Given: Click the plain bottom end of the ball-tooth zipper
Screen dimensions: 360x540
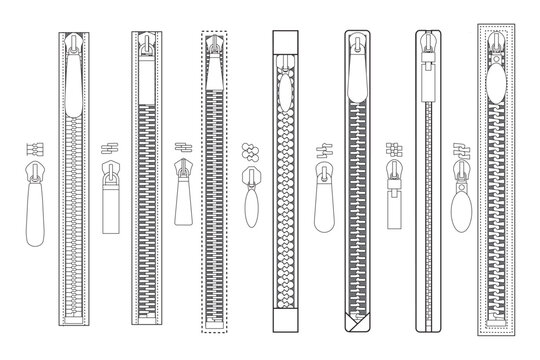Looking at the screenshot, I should [x=287, y=318].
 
